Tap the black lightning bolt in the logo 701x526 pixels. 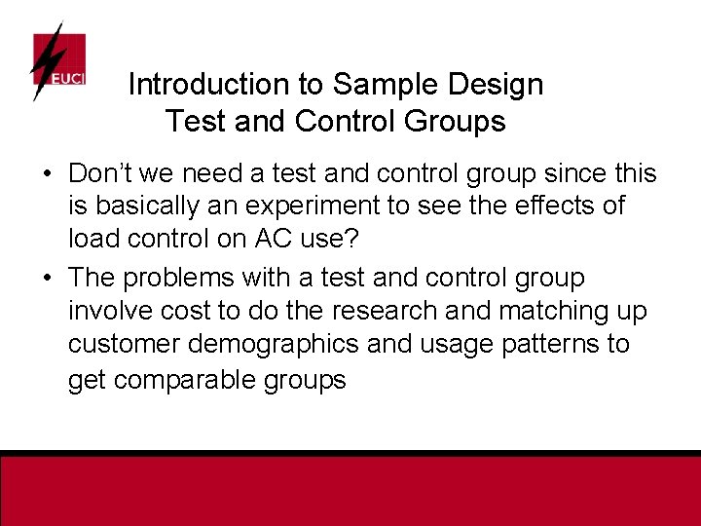click(x=45, y=60)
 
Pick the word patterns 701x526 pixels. click(x=545, y=344)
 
